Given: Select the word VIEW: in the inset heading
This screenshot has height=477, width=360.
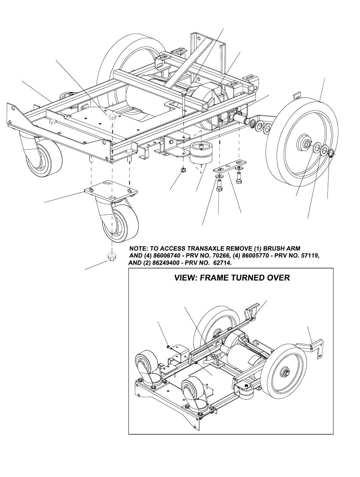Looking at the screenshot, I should coord(186,278).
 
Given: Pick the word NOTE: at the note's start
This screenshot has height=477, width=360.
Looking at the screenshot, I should coord(139,249).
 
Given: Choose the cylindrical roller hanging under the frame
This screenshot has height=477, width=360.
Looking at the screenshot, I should coord(202,153).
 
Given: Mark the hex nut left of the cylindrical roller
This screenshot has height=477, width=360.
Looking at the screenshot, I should coord(183,170).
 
